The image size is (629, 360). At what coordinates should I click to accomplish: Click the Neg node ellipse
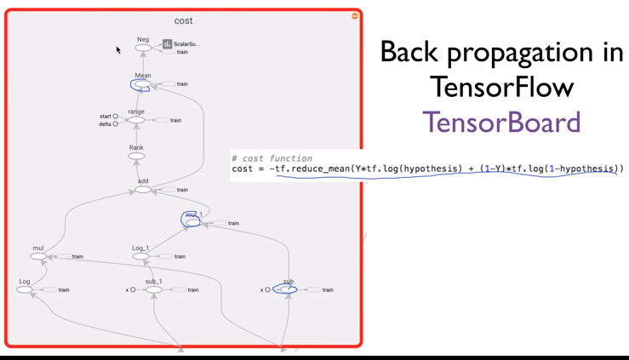pos(143,49)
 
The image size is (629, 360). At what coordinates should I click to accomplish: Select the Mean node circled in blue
pos(141,85)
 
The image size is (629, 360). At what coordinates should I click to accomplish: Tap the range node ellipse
pos(136,121)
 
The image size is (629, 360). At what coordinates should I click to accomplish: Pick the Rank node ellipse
pos(136,157)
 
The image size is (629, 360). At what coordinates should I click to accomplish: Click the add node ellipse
pos(143,190)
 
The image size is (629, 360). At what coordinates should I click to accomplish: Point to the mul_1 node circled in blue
pos(193,221)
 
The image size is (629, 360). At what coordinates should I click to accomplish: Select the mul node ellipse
pos(38,256)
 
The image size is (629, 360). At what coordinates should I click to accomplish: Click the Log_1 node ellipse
pos(140,256)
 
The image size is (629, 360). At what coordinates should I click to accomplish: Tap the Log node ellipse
pos(25,290)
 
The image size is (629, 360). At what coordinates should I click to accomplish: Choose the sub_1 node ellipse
pos(153,290)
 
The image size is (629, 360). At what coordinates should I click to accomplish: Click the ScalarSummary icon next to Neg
pos(168,44)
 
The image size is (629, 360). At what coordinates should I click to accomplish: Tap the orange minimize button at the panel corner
pos(355,16)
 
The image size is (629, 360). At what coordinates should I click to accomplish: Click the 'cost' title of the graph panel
pos(183,20)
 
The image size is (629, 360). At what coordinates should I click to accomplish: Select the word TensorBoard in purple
pos(501,123)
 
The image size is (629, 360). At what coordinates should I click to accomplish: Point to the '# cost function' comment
pos(272,158)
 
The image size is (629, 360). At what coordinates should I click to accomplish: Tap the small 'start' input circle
pos(116,117)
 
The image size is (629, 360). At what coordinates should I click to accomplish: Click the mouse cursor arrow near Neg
pos(118,50)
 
